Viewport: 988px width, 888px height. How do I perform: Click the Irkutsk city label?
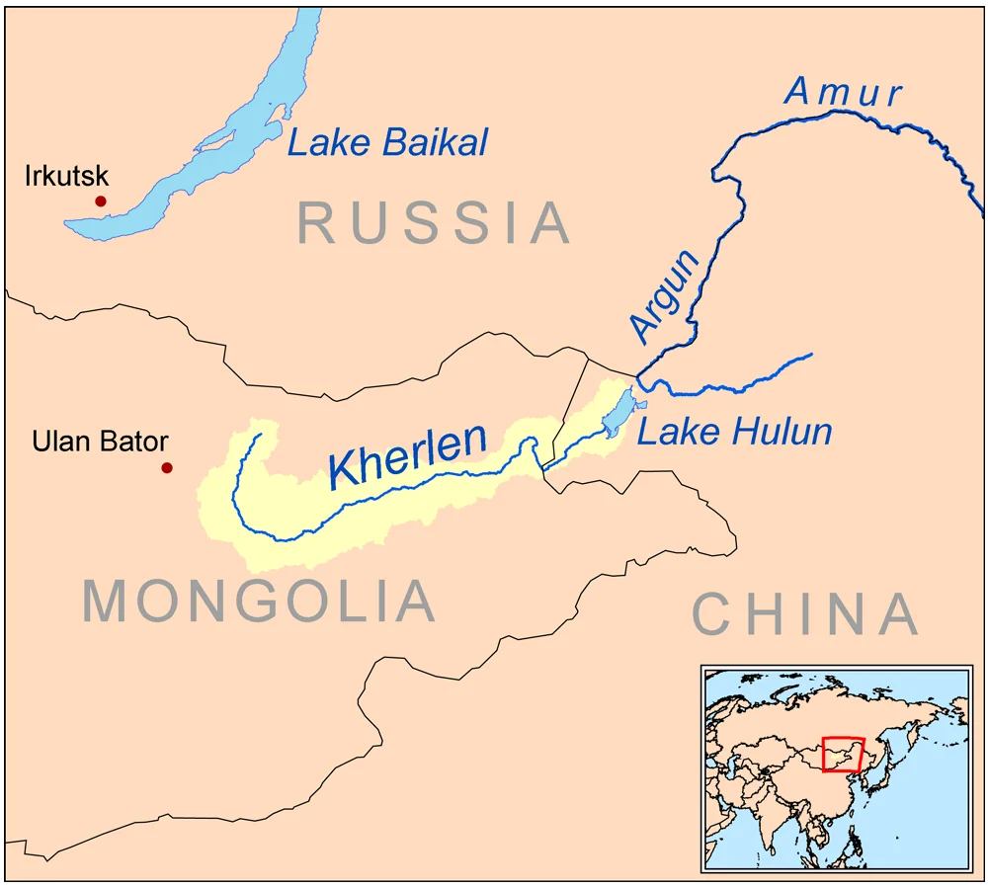pos(66,178)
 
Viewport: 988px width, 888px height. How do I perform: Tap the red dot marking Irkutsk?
pos(100,202)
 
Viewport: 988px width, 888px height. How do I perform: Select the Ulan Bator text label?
pos(100,442)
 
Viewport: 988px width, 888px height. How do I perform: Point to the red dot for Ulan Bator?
pos(167,468)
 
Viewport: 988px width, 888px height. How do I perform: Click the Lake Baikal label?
pos(387,143)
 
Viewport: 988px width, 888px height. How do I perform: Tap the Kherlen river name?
pos(408,454)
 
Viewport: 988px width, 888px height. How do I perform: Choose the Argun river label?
pos(665,296)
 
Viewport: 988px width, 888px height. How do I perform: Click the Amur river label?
pos(843,92)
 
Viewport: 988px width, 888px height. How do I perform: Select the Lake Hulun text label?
pos(734,432)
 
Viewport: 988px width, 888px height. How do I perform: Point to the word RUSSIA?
pos(434,223)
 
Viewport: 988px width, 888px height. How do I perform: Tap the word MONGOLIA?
pos(259,601)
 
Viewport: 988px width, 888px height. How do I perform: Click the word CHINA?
pos(805,613)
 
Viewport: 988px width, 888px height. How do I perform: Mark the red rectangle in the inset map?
pos(843,756)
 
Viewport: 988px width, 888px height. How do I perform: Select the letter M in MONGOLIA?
pos(108,601)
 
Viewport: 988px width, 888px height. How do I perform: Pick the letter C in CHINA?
pos(712,613)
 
